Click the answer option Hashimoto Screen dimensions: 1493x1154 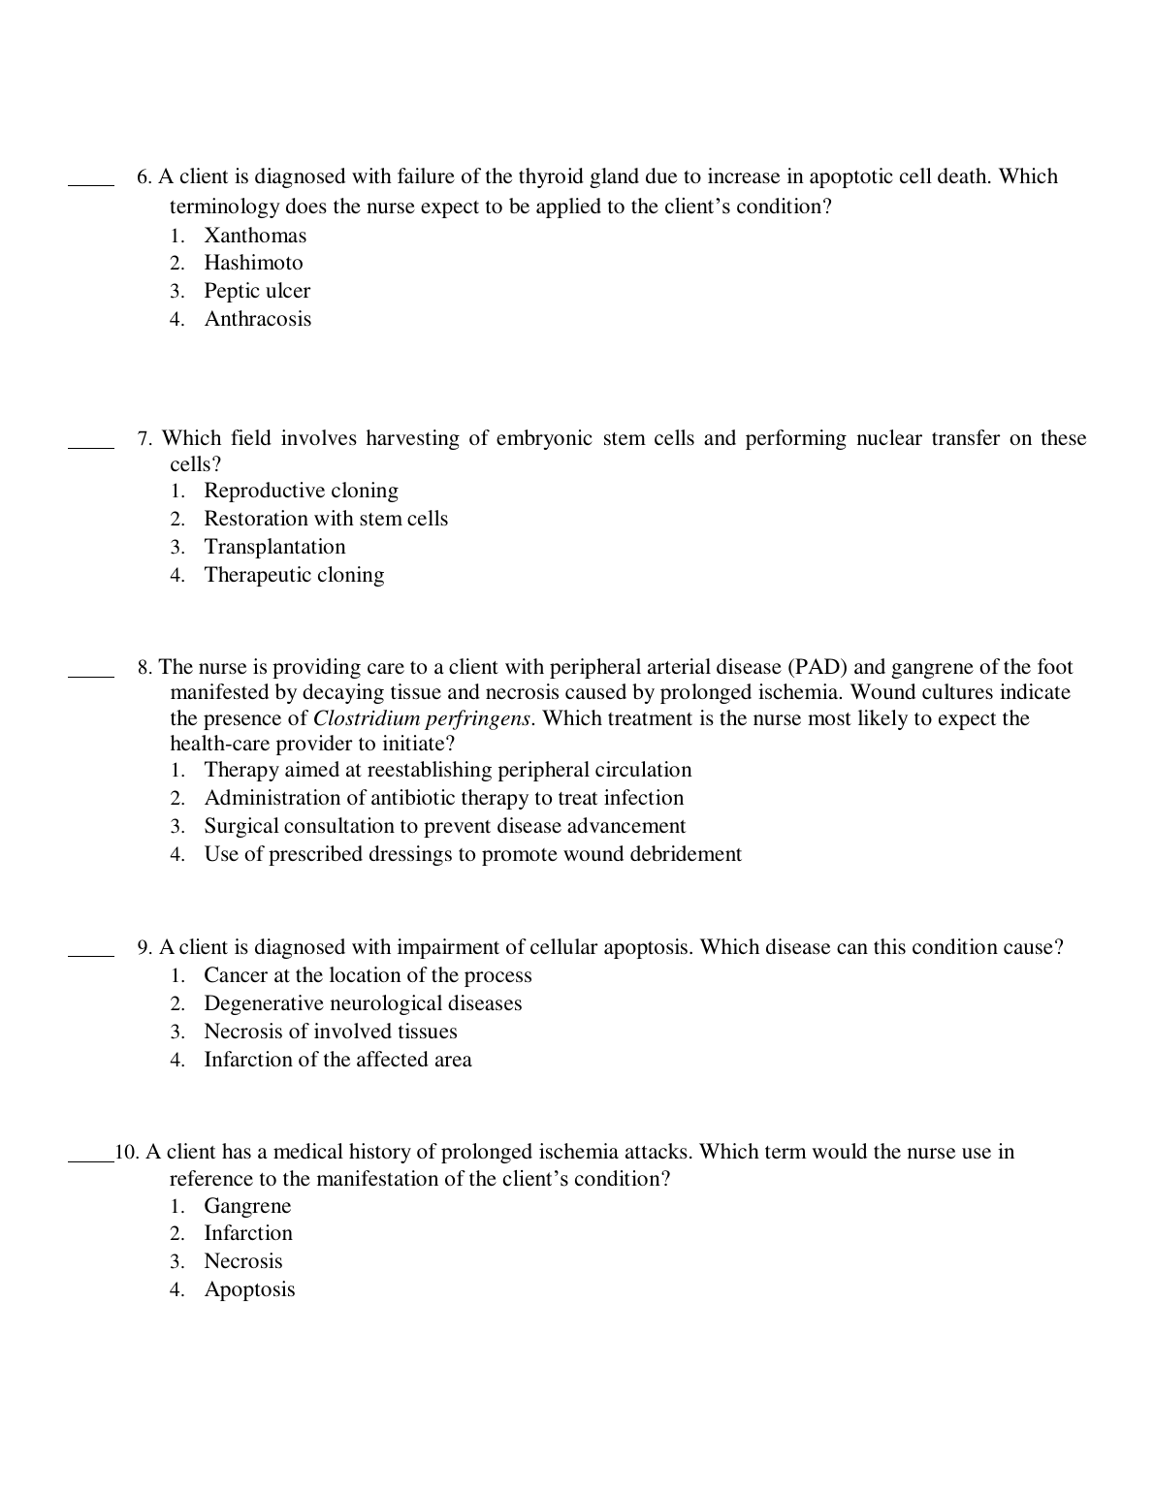tap(253, 264)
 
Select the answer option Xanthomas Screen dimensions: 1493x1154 tap(255, 236)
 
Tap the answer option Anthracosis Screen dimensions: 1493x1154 tap(258, 319)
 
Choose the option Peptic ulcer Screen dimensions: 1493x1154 tap(257, 291)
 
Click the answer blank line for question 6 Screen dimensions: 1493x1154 tap(91, 181)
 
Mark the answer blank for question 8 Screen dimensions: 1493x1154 tap(91, 672)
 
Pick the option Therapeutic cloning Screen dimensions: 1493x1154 tap(294, 575)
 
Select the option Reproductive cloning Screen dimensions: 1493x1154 tap(301, 491)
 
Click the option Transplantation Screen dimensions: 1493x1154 tap(274, 547)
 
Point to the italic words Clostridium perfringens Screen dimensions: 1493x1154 tap(422, 718)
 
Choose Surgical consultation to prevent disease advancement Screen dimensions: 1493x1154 tap(444, 826)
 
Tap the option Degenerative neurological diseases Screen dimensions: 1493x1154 tap(363, 1003)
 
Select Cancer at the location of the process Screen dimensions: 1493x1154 tap(368, 975)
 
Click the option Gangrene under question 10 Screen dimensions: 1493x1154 tap(247, 1206)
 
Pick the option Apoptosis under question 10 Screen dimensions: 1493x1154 tap(249, 1289)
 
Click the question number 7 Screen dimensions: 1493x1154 tap(144, 439)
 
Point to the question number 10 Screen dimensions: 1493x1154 tap(127, 1153)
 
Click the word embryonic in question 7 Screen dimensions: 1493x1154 tap(544, 438)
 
